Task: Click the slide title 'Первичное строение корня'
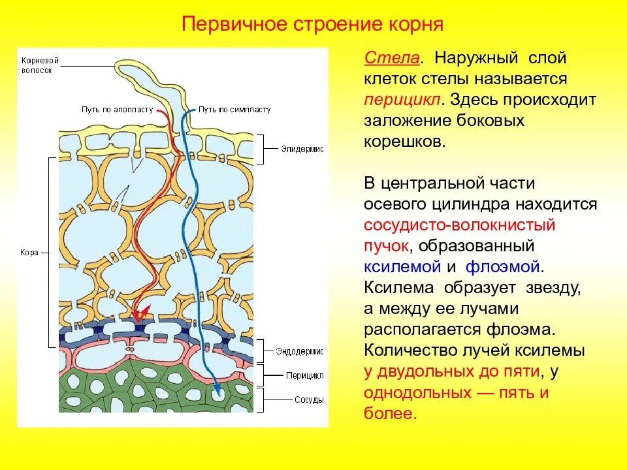click(312, 25)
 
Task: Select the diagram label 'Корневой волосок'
click(40, 65)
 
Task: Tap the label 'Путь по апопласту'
click(118, 110)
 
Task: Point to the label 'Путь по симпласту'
click(234, 110)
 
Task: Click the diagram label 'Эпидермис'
click(302, 149)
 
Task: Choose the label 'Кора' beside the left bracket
click(29, 252)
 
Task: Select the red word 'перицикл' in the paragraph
click(404, 101)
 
